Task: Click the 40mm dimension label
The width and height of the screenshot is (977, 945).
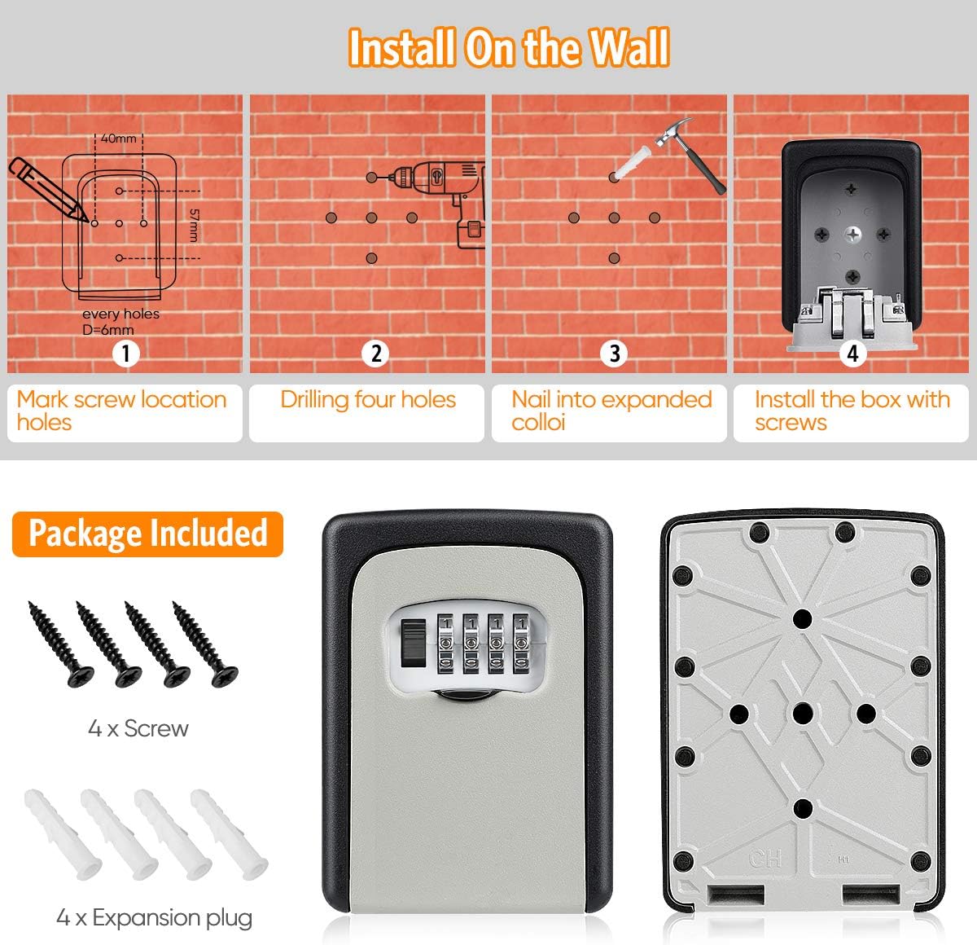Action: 119,138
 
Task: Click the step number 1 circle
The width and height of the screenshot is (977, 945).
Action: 125,354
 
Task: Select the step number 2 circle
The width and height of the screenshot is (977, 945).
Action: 375,354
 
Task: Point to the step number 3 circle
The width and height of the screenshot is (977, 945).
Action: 614,354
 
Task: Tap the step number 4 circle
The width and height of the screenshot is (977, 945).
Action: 852,354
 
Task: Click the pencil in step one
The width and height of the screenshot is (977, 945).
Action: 48,188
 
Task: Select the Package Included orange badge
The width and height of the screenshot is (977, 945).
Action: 147,534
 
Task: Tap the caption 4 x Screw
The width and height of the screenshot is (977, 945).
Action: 138,728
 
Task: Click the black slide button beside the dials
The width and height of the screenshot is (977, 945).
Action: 413,643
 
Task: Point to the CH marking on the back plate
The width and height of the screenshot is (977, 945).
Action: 765,859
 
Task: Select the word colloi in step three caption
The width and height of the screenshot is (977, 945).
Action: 538,422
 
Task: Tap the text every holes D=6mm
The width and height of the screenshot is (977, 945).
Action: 120,322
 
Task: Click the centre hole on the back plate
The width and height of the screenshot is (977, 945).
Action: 803,714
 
